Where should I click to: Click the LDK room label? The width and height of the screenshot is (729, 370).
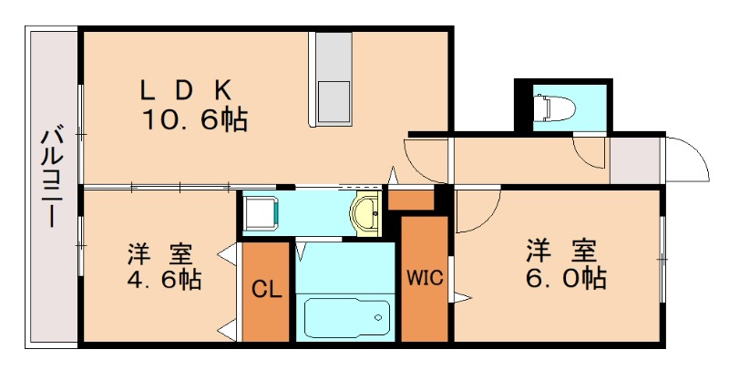pos(186,91)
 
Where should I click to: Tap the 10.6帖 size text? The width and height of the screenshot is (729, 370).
pos(195,120)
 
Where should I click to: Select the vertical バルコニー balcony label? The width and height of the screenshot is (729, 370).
pos(52,176)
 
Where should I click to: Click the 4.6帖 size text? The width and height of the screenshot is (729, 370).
pos(164,280)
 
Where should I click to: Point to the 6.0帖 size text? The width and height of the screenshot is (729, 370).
pos(566,278)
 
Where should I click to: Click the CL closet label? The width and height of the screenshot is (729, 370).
pos(267,290)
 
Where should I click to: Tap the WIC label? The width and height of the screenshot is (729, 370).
pos(425,278)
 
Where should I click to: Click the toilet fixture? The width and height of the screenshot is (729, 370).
pos(554,108)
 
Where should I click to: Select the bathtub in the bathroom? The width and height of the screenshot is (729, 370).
pos(347,318)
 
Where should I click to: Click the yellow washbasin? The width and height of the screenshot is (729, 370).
pos(366,212)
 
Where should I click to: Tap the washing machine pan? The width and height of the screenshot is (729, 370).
pos(261,214)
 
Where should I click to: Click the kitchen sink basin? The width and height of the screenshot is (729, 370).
pos(334,102)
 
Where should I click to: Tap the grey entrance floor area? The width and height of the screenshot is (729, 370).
pos(635,160)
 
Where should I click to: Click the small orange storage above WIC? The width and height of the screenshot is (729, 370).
pos(411,200)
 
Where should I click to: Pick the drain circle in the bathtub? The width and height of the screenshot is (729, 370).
pos(378,318)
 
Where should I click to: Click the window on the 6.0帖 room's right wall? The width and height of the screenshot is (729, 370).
pos(662,260)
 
